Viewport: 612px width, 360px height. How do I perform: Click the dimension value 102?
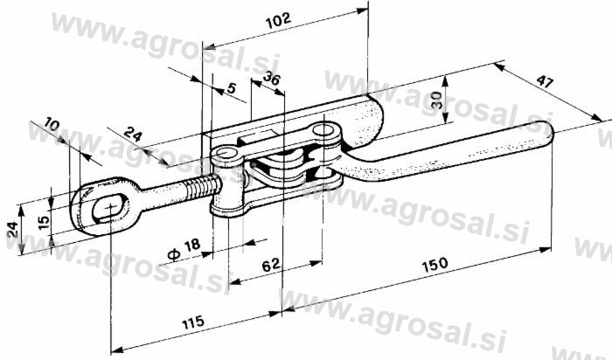point(278,21)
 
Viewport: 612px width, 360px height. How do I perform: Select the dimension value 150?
point(435,265)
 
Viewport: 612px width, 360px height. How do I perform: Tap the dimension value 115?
point(192,322)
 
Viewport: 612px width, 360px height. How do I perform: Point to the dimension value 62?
point(270,266)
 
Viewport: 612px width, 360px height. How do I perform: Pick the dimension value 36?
point(271,79)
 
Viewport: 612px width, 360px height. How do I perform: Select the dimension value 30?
point(436,100)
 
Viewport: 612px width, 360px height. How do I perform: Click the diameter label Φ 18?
point(184,250)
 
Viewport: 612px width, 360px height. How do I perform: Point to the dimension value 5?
point(232,88)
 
